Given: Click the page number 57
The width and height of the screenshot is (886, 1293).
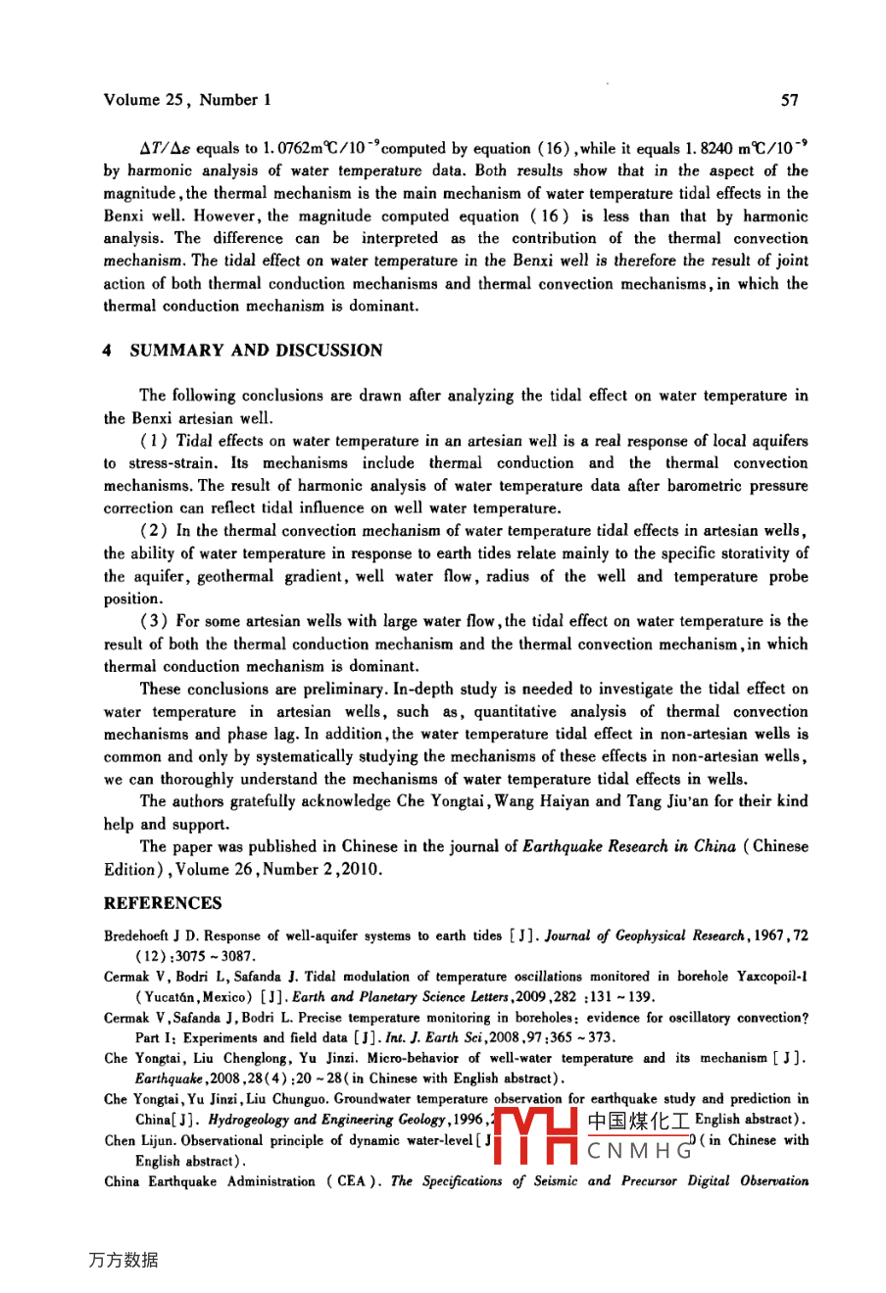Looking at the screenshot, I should click(x=790, y=100).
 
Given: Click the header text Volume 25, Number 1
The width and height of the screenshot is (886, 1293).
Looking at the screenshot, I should click(x=187, y=100).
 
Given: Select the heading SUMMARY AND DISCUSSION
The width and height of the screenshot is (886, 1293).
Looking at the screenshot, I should click(x=256, y=351).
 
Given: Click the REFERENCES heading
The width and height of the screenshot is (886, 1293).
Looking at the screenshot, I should click(x=163, y=903).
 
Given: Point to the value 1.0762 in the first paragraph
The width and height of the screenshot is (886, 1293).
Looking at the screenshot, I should click(x=283, y=149).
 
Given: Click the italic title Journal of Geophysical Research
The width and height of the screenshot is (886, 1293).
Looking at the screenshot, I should click(x=644, y=935).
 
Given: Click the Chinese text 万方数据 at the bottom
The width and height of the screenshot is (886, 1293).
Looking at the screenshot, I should click(x=123, y=1261).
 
